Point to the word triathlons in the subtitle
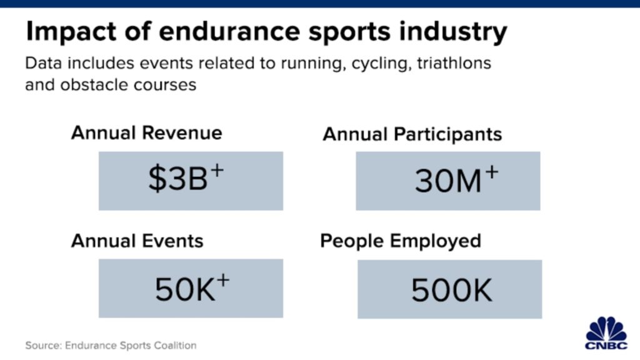(x=454, y=63)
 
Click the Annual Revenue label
(x=146, y=132)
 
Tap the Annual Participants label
(x=412, y=134)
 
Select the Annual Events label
(x=137, y=241)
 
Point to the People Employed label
(x=401, y=241)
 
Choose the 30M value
(x=448, y=181)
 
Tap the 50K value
(x=185, y=289)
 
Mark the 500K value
(x=451, y=290)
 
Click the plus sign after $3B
(x=217, y=170)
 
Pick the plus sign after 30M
(x=491, y=172)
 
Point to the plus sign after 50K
(x=223, y=281)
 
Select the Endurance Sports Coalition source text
(x=131, y=345)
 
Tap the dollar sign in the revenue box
(x=157, y=179)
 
